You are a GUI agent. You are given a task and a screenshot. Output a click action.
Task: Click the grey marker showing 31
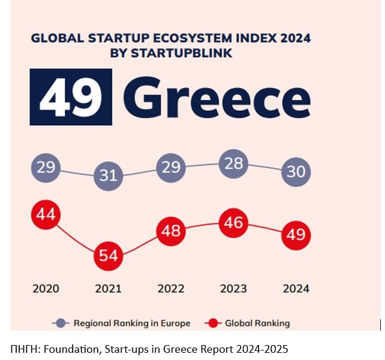(x=109, y=176)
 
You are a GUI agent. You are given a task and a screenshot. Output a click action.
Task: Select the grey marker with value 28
(x=233, y=164)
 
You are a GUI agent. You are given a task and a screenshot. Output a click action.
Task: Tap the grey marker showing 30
(x=296, y=172)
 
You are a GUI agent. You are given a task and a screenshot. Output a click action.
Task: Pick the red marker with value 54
(x=109, y=256)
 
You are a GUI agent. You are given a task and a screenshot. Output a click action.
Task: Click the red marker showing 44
(x=46, y=214)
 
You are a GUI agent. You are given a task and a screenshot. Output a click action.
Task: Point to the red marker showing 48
(x=171, y=231)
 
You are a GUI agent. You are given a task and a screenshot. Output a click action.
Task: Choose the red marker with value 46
(x=233, y=223)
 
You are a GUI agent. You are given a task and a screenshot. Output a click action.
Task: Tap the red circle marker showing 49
(x=296, y=235)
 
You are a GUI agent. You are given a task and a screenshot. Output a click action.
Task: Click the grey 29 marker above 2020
(x=46, y=168)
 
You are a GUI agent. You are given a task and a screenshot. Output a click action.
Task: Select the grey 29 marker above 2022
(x=171, y=168)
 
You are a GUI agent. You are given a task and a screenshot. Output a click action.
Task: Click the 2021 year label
(x=109, y=289)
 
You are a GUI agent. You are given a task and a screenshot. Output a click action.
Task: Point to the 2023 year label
(x=233, y=289)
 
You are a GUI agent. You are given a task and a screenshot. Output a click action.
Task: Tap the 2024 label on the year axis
(x=296, y=289)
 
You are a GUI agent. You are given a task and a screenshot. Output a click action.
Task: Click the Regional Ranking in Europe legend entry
(x=121, y=323)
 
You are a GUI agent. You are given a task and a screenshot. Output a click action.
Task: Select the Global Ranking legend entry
(x=247, y=323)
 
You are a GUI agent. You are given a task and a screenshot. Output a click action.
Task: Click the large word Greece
(x=217, y=98)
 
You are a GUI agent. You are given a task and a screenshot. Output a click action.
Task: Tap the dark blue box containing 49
(x=71, y=97)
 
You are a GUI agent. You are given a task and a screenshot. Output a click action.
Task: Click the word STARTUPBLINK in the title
(x=182, y=53)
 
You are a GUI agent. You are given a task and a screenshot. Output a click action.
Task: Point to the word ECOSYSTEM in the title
(x=192, y=38)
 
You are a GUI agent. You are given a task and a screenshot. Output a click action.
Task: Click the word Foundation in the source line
(x=73, y=349)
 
